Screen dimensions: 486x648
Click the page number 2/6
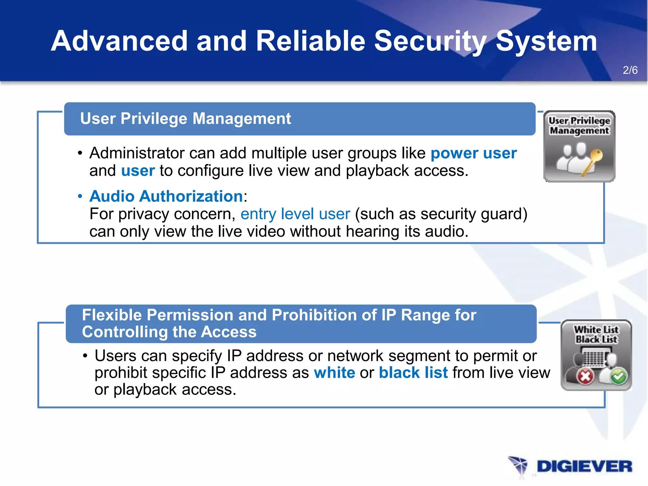coord(630,70)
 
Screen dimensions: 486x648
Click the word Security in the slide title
coord(431,41)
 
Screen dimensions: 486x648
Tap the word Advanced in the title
coord(120,41)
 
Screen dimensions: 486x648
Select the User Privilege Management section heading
coord(185,119)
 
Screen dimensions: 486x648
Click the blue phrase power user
coord(473,153)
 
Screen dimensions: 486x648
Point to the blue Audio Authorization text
coord(166,196)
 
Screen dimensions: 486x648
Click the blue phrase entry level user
coord(295,214)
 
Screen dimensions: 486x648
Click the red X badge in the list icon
coord(585,376)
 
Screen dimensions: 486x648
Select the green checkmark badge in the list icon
coord(619,377)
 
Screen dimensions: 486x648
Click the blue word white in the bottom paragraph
coord(334,372)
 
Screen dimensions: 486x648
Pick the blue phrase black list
coord(413,372)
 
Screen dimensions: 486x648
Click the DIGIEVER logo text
coord(584,466)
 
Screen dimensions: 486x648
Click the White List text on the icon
coord(596,330)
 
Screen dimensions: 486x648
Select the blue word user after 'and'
coord(138,171)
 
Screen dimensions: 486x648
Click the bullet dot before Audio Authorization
coord(80,196)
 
